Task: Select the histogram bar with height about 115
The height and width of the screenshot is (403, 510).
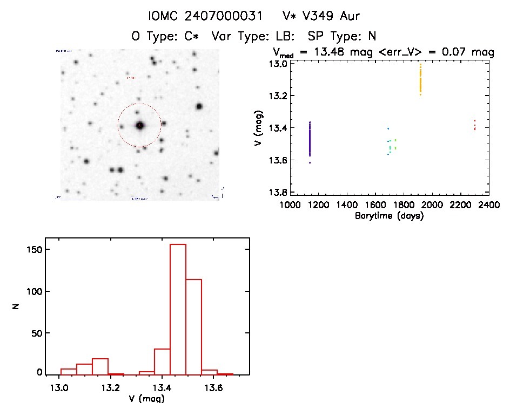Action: (x=193, y=326)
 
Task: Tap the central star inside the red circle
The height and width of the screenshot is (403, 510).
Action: (x=140, y=125)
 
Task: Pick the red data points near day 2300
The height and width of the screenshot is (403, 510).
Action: (x=474, y=125)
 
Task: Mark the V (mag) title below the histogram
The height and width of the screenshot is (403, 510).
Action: (x=147, y=398)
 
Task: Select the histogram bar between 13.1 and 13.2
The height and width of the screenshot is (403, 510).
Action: (x=100, y=366)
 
